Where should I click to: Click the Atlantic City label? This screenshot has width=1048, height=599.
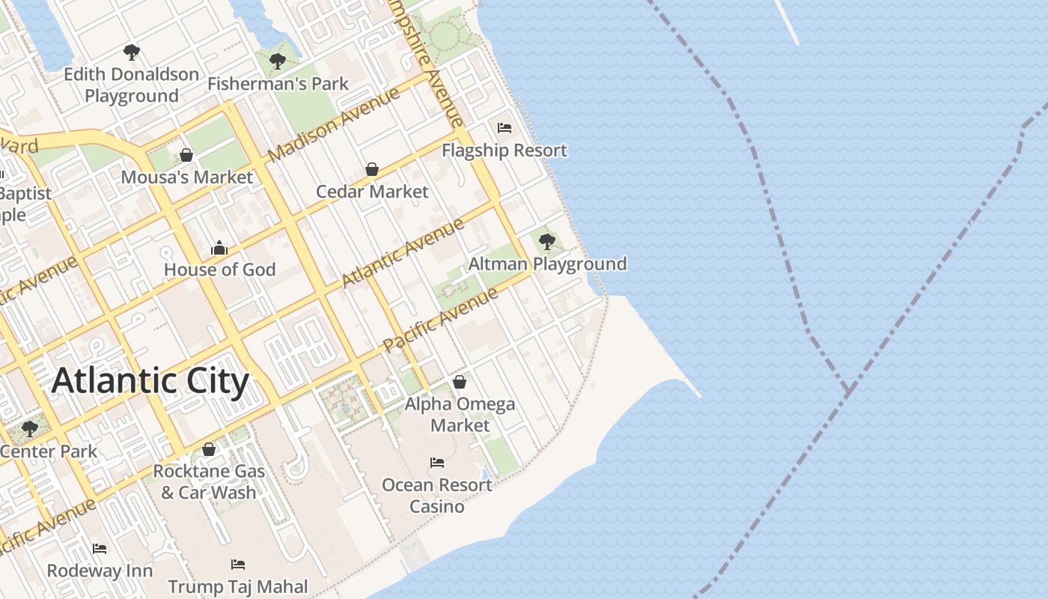click(x=150, y=381)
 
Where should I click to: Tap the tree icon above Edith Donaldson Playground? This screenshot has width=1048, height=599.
click(x=132, y=52)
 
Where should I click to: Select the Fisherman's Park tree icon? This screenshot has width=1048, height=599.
click(x=277, y=61)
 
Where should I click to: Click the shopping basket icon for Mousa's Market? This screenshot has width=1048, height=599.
click(x=186, y=155)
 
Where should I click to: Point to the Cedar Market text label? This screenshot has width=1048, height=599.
click(x=372, y=192)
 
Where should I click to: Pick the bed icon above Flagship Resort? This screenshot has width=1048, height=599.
click(x=505, y=128)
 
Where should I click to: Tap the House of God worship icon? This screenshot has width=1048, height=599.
click(x=219, y=247)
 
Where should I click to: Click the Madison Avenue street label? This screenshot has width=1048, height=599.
click(x=334, y=125)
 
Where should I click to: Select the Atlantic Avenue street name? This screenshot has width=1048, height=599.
click(x=403, y=253)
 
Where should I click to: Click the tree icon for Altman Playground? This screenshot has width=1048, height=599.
click(x=547, y=242)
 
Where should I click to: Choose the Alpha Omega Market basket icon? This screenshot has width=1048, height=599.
click(x=460, y=382)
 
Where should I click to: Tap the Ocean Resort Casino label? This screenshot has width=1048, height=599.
click(x=437, y=496)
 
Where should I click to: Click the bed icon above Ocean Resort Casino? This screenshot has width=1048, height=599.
click(x=437, y=463)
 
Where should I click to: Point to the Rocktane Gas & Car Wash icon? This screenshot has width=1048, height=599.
click(x=209, y=449)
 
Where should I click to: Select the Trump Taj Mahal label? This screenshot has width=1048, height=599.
click(x=238, y=586)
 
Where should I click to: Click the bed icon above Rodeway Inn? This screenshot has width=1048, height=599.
click(x=100, y=549)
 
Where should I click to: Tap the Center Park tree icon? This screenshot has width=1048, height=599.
click(x=30, y=429)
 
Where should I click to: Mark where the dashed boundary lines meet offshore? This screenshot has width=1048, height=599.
click(x=847, y=391)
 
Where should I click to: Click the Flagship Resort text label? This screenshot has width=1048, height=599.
click(x=505, y=150)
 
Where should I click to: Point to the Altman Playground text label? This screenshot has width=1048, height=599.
click(x=547, y=264)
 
